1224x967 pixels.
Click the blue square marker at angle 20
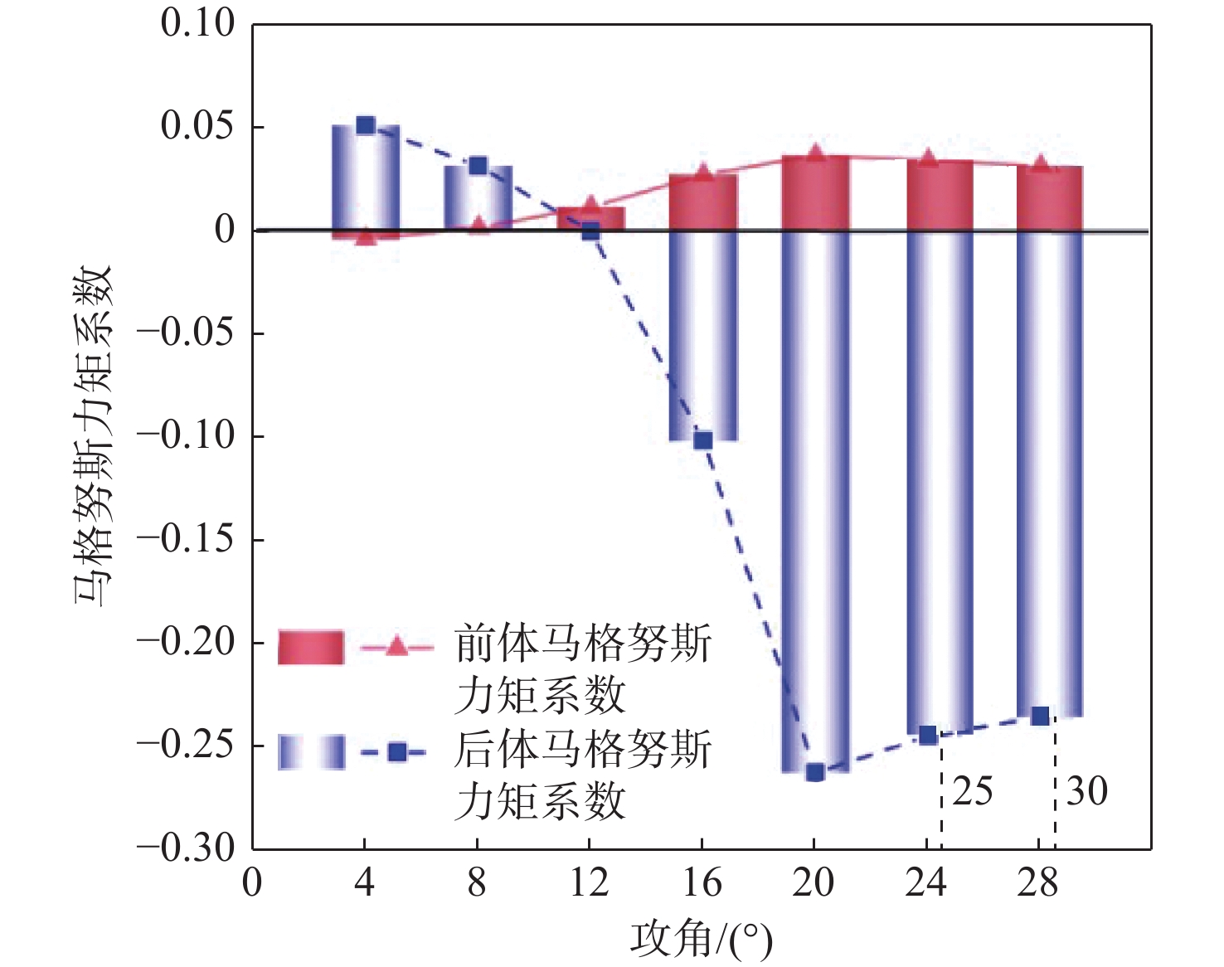tap(815, 772)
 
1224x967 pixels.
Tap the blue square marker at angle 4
tap(366, 125)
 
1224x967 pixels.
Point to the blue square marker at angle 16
tap(702, 440)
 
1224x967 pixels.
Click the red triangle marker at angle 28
tap(1041, 164)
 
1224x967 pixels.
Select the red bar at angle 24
tap(939, 195)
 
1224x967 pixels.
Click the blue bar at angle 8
tap(478, 197)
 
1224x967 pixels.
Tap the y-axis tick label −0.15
tap(186, 539)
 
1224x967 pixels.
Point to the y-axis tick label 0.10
tap(197, 23)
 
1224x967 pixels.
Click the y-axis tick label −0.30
tap(186, 848)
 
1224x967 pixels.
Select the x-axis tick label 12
tap(589, 882)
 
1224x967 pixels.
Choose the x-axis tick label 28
tap(1038, 882)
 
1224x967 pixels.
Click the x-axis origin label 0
tap(252, 882)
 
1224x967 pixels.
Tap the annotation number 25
tap(973, 791)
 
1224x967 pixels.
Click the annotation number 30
tap(1086, 791)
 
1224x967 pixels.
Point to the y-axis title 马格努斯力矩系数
tap(93, 435)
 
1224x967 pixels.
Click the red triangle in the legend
tap(397, 646)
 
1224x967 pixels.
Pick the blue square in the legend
tap(397, 752)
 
